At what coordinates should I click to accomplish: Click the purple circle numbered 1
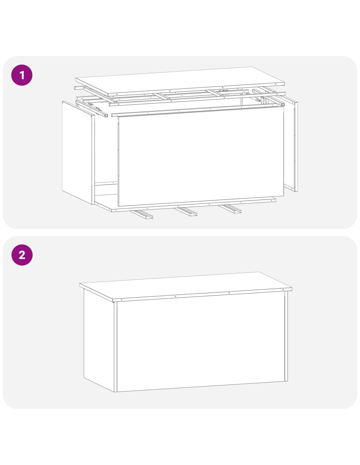[22, 75]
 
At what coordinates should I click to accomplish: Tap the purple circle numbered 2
[22, 255]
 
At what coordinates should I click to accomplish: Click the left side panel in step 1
[79, 153]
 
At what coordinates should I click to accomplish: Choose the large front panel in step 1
[201, 156]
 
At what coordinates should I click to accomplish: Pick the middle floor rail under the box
[186, 212]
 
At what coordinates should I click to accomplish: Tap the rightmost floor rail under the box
[230, 209]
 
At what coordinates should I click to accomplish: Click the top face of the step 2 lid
[185, 284]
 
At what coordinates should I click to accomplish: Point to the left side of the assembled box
[99, 340]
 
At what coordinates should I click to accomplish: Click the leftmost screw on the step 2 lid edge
[122, 300]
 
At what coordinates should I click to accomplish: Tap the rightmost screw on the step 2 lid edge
[283, 290]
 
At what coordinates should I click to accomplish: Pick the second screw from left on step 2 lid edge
[175, 296]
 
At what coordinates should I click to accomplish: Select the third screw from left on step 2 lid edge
[229, 293]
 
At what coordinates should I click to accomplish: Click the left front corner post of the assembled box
[116, 347]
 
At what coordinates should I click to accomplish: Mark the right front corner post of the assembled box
[286, 336]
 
